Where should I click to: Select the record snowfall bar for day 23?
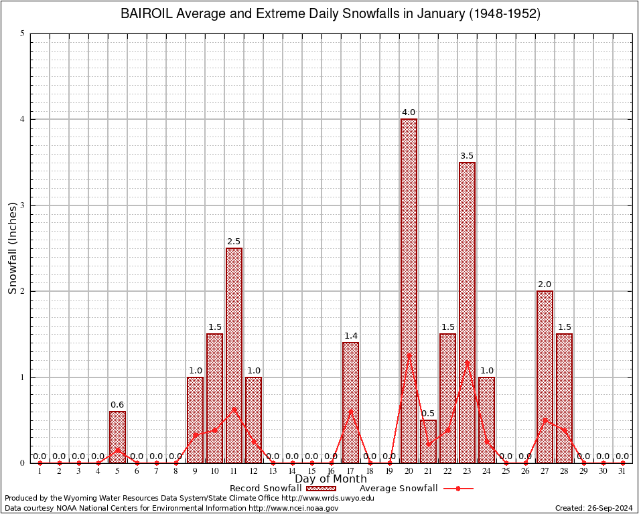467,301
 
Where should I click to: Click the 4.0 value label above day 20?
409,112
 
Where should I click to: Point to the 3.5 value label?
467,156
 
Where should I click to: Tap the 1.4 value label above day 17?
350,335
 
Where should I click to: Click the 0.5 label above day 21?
428,413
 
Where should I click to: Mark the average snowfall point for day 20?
409,355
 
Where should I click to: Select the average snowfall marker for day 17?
350,412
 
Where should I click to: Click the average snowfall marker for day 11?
234,409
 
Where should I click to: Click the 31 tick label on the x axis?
622,472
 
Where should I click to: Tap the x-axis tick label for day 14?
292,472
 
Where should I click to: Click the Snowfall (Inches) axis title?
12,248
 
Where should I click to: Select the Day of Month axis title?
331,479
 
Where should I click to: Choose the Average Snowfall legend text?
399,489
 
